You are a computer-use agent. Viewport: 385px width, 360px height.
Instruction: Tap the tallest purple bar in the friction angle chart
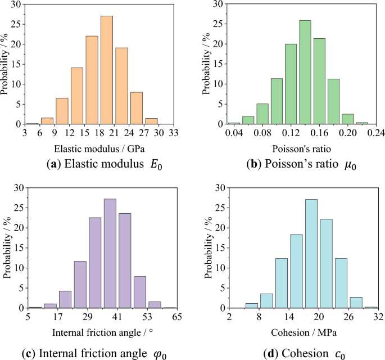click(110, 254)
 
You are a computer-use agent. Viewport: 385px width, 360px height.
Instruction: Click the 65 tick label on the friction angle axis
click(177, 317)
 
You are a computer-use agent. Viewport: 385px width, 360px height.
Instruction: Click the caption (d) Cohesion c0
click(303, 354)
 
